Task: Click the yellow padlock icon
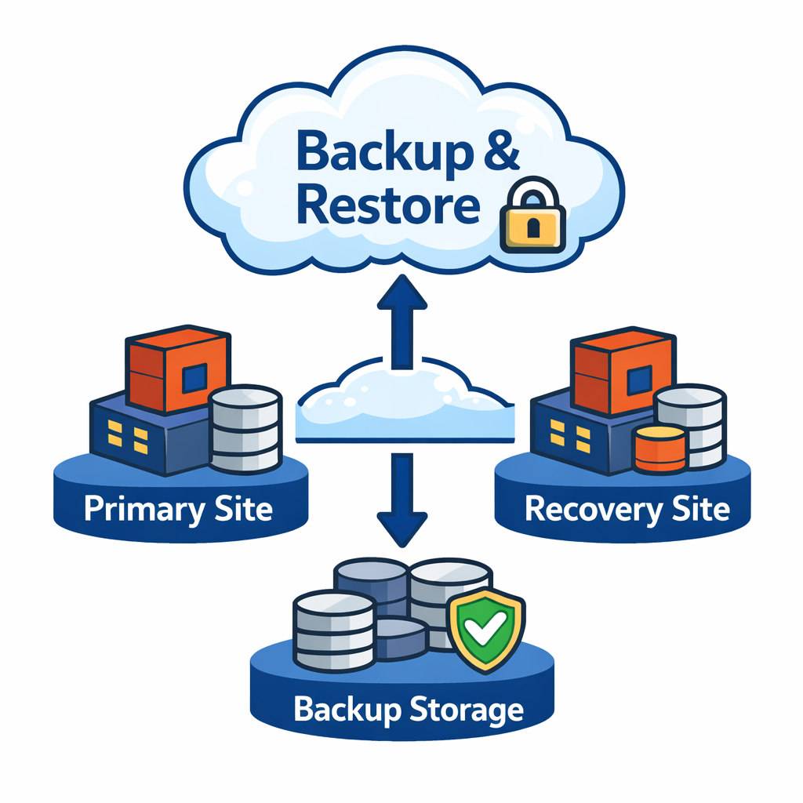pyautogui.click(x=532, y=221)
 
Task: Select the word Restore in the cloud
pyautogui.click(x=389, y=205)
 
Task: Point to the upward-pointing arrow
pyautogui.click(x=401, y=318)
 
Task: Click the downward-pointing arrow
pyautogui.click(x=401, y=502)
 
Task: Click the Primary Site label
pyautogui.click(x=179, y=510)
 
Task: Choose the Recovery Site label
pyautogui.click(x=627, y=510)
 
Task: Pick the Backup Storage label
pyautogui.click(x=409, y=710)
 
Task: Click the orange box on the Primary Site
pyautogui.click(x=178, y=369)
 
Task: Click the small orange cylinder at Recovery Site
pyautogui.click(x=659, y=450)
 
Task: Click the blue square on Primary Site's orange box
pyautogui.click(x=194, y=380)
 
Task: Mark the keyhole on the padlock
pyautogui.click(x=533, y=229)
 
